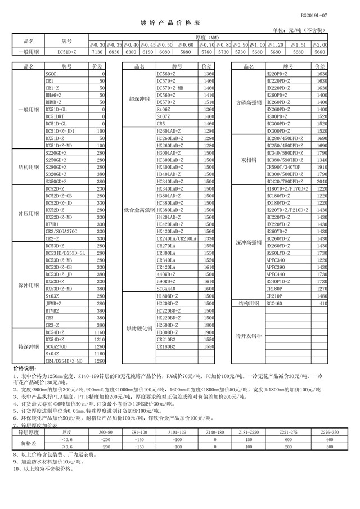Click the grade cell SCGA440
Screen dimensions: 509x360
(166, 288)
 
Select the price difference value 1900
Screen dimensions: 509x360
(208, 332)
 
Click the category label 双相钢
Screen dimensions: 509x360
(248, 160)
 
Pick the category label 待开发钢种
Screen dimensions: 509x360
(248, 336)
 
